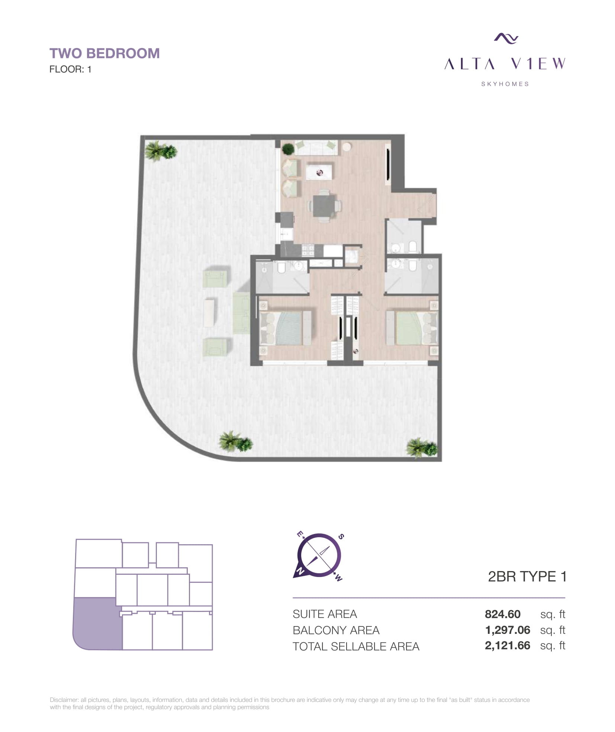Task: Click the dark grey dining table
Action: pyautogui.click(x=323, y=206)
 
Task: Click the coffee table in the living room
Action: pyautogui.click(x=319, y=172)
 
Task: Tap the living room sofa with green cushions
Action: pyautogui.click(x=316, y=148)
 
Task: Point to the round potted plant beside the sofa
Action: pyautogui.click(x=288, y=149)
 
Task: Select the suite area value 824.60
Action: pyautogui.click(x=502, y=614)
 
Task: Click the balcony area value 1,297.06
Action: pyautogui.click(x=508, y=630)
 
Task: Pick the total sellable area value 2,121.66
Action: pyautogui.click(x=508, y=645)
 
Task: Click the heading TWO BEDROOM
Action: pyautogui.click(x=104, y=54)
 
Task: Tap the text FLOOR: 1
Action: pyautogui.click(x=70, y=70)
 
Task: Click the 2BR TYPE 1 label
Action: pyautogui.click(x=527, y=577)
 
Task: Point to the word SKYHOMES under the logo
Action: pyautogui.click(x=505, y=84)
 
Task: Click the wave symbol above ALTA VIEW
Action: pyautogui.click(x=506, y=38)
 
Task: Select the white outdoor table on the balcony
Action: pyautogui.click(x=209, y=313)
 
